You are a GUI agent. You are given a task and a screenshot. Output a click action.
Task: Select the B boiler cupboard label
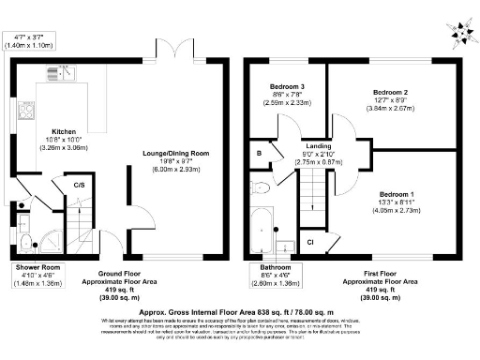pyautogui.click(x=258, y=152)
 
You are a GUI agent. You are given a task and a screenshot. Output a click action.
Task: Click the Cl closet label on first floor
pyautogui.click(x=310, y=243)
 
